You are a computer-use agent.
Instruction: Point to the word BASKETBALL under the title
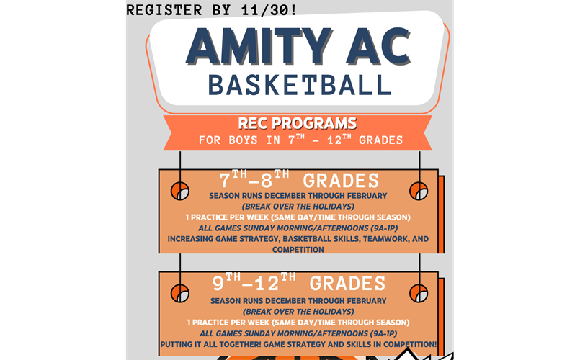tap(299, 84)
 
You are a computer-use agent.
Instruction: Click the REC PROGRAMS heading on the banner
tap(298, 123)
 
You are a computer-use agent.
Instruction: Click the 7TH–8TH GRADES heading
tap(298, 180)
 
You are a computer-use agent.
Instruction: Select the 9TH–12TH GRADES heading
tap(298, 283)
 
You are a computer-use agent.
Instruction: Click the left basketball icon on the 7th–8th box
tap(179, 191)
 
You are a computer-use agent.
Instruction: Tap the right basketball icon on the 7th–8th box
tap(419, 191)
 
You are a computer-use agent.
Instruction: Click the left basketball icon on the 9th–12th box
tap(179, 293)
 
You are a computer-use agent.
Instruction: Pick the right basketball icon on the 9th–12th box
tap(419, 293)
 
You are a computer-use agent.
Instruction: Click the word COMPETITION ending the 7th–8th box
tap(298, 249)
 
